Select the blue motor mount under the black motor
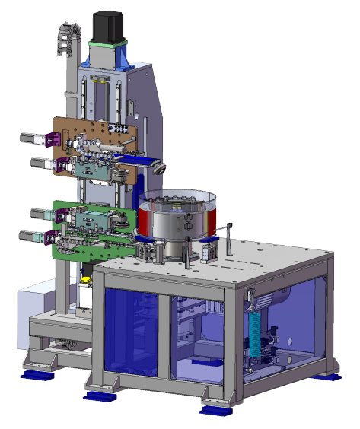click(x=107, y=55)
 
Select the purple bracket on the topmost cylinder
click(x=53, y=140)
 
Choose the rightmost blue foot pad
click(x=333, y=376)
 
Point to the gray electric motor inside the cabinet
click(x=279, y=296)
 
